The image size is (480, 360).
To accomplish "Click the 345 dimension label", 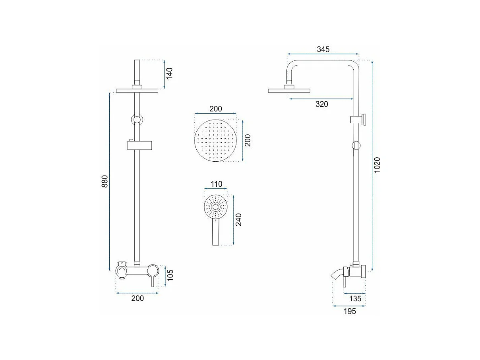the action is coord(323,49).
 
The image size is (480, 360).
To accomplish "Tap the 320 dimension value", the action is coord(321,104).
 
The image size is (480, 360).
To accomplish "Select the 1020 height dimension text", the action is coord(377,165).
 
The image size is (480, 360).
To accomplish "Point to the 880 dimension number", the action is coord(105,181).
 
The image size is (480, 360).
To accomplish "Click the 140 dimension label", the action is coord(169,74).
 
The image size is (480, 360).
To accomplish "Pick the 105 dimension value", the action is coord(170,275).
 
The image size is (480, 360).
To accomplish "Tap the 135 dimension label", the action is coord(355,298).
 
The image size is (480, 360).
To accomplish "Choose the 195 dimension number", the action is coord(350,311).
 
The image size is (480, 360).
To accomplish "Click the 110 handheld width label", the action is coord(216,184).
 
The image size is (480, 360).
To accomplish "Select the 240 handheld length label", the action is coord(238,220).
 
